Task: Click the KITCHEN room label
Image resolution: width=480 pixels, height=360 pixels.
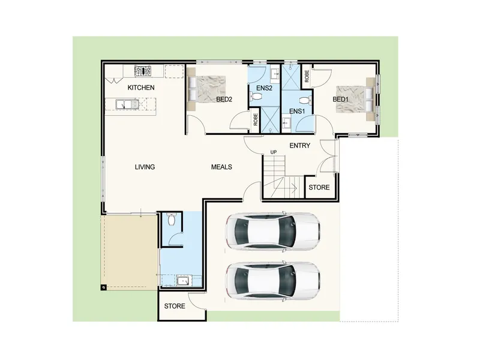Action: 141,88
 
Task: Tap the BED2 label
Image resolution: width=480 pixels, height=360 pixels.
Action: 224,99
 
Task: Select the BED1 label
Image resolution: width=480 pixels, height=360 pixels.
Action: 340,99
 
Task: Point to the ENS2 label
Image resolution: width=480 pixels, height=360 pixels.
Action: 264,88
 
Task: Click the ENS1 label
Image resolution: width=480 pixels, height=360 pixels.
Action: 297,111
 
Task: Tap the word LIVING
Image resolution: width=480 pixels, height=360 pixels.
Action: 145,167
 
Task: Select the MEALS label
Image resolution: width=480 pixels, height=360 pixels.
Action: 221,167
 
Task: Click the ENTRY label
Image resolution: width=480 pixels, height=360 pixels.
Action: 299,145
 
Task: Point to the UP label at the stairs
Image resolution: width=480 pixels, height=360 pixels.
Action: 274,152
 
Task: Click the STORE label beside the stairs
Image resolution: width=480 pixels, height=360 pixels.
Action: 319,187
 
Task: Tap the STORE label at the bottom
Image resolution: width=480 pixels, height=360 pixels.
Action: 175,306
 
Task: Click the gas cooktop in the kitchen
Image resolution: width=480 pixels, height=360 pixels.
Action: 143,71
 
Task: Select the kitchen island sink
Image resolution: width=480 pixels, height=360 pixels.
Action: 127,104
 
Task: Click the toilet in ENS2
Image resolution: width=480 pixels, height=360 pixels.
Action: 257,97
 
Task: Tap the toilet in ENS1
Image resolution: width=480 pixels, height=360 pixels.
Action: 305,100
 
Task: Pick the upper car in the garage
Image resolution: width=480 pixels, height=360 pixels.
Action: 273,231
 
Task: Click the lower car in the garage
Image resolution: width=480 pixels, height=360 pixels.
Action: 273,281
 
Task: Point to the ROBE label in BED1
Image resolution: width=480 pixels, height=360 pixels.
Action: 307,76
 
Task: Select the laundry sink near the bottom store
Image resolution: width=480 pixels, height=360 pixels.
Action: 184,281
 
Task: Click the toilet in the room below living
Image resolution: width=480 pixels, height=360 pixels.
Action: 172,219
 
